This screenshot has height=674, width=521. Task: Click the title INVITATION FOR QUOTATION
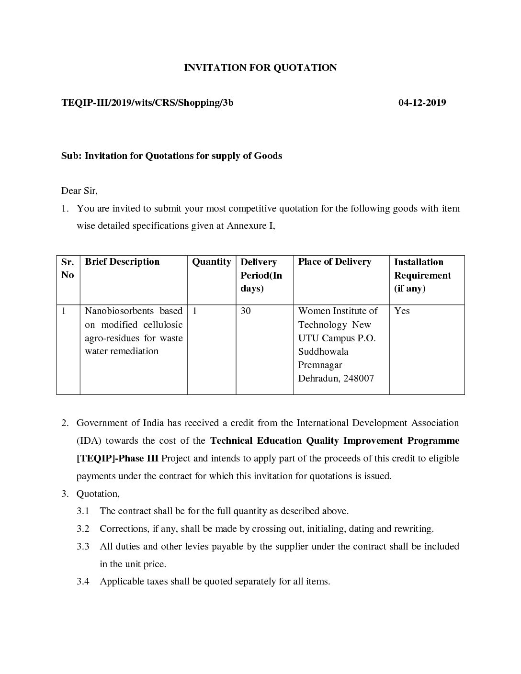click(260, 67)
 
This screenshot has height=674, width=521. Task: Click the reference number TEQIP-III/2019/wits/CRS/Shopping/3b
click(147, 102)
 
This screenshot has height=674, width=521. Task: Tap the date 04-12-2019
click(422, 102)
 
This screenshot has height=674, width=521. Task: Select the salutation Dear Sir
click(79, 191)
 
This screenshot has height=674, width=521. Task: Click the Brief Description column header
click(122, 261)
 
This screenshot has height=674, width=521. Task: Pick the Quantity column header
click(211, 261)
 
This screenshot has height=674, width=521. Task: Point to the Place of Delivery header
click(334, 261)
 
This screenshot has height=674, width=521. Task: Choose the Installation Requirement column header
click(422, 275)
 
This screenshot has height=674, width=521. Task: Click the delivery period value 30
click(246, 311)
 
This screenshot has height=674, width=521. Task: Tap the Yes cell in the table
click(402, 311)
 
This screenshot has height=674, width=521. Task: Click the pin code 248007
click(359, 378)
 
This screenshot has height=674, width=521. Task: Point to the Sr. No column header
click(68, 268)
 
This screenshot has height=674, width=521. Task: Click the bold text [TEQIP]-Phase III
click(117, 458)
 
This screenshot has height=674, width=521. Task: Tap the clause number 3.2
click(83, 528)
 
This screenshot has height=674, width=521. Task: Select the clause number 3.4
click(83, 581)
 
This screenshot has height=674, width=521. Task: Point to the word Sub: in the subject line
click(71, 156)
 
